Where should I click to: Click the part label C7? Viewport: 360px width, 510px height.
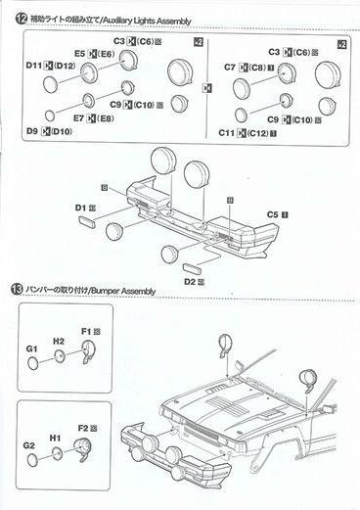point(232,68)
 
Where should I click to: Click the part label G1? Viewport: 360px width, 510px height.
point(33,349)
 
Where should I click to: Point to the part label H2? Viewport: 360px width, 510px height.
point(59,342)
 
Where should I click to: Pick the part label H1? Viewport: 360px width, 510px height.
point(56,438)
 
